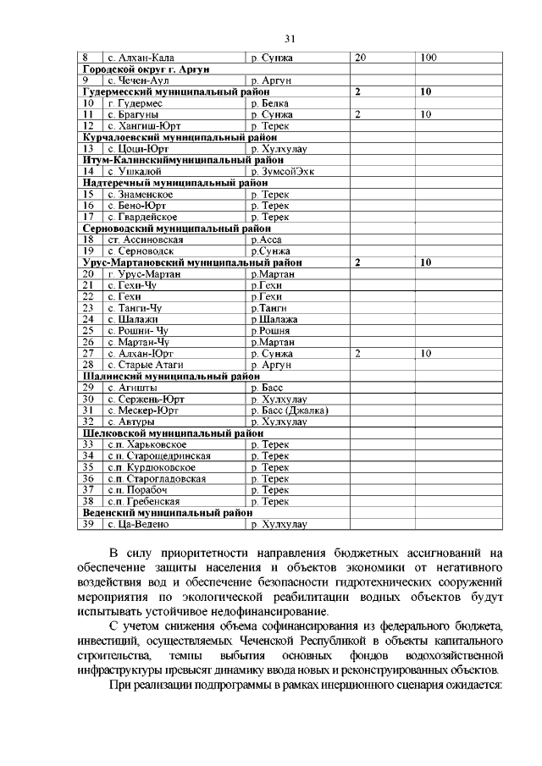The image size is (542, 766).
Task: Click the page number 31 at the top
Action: (x=289, y=39)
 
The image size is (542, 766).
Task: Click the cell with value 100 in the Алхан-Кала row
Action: (x=428, y=57)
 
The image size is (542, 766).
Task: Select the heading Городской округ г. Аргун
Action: (x=146, y=68)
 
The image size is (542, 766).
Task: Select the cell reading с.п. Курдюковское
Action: (x=152, y=467)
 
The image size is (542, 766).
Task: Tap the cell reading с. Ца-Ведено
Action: (x=140, y=525)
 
